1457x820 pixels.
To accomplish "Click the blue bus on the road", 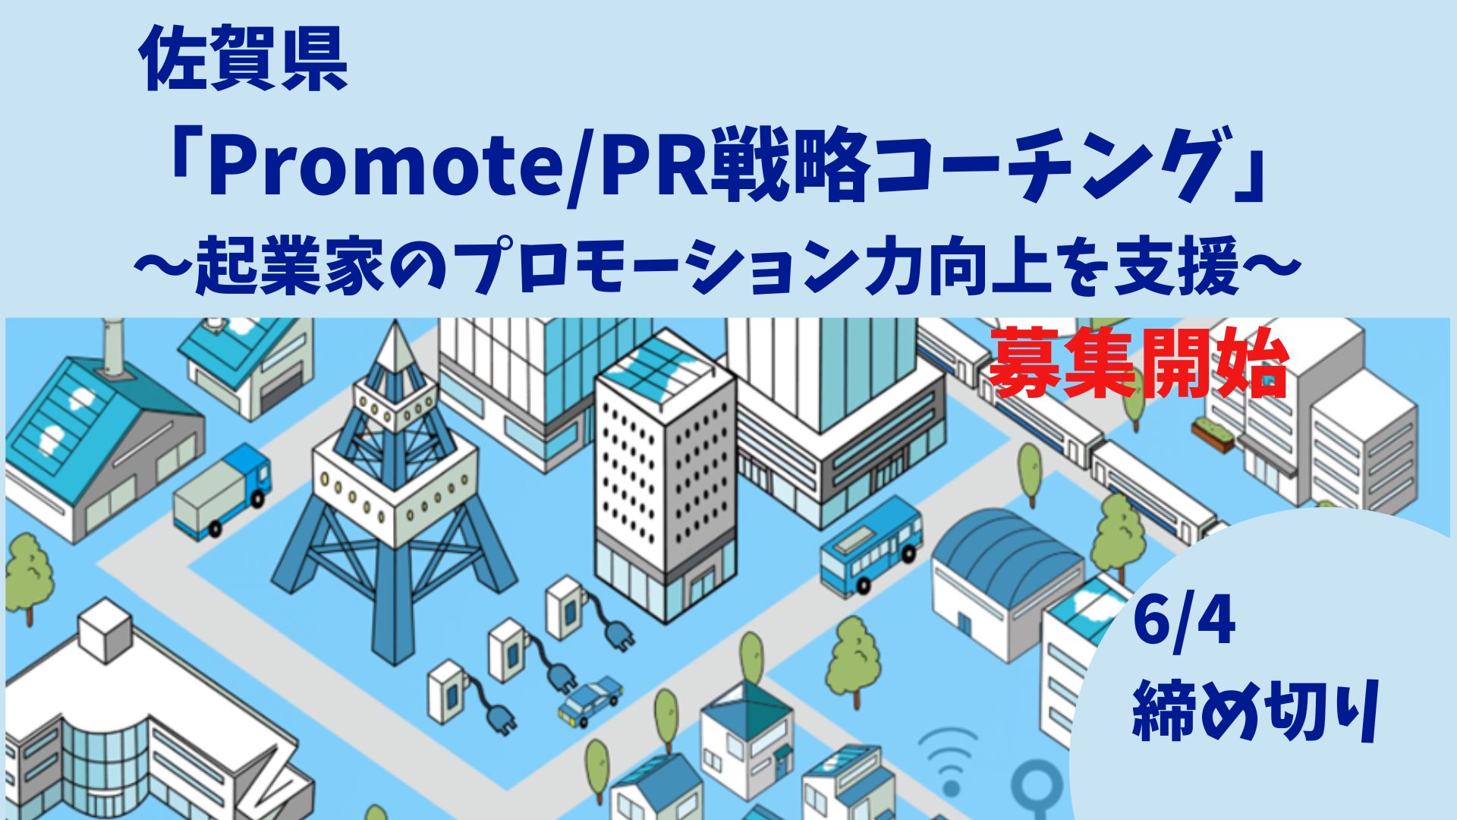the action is (x=872, y=544).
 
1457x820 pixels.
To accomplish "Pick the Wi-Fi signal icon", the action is (x=948, y=759).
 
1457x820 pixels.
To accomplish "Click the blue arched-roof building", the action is (x=1010, y=577).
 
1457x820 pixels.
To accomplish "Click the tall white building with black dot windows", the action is (x=665, y=487).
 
